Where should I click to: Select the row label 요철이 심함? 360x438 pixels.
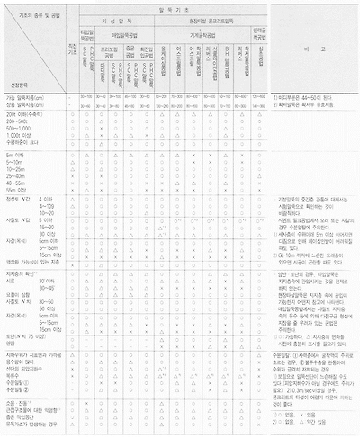pos(16,294)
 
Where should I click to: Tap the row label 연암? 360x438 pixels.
pos(11,342)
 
